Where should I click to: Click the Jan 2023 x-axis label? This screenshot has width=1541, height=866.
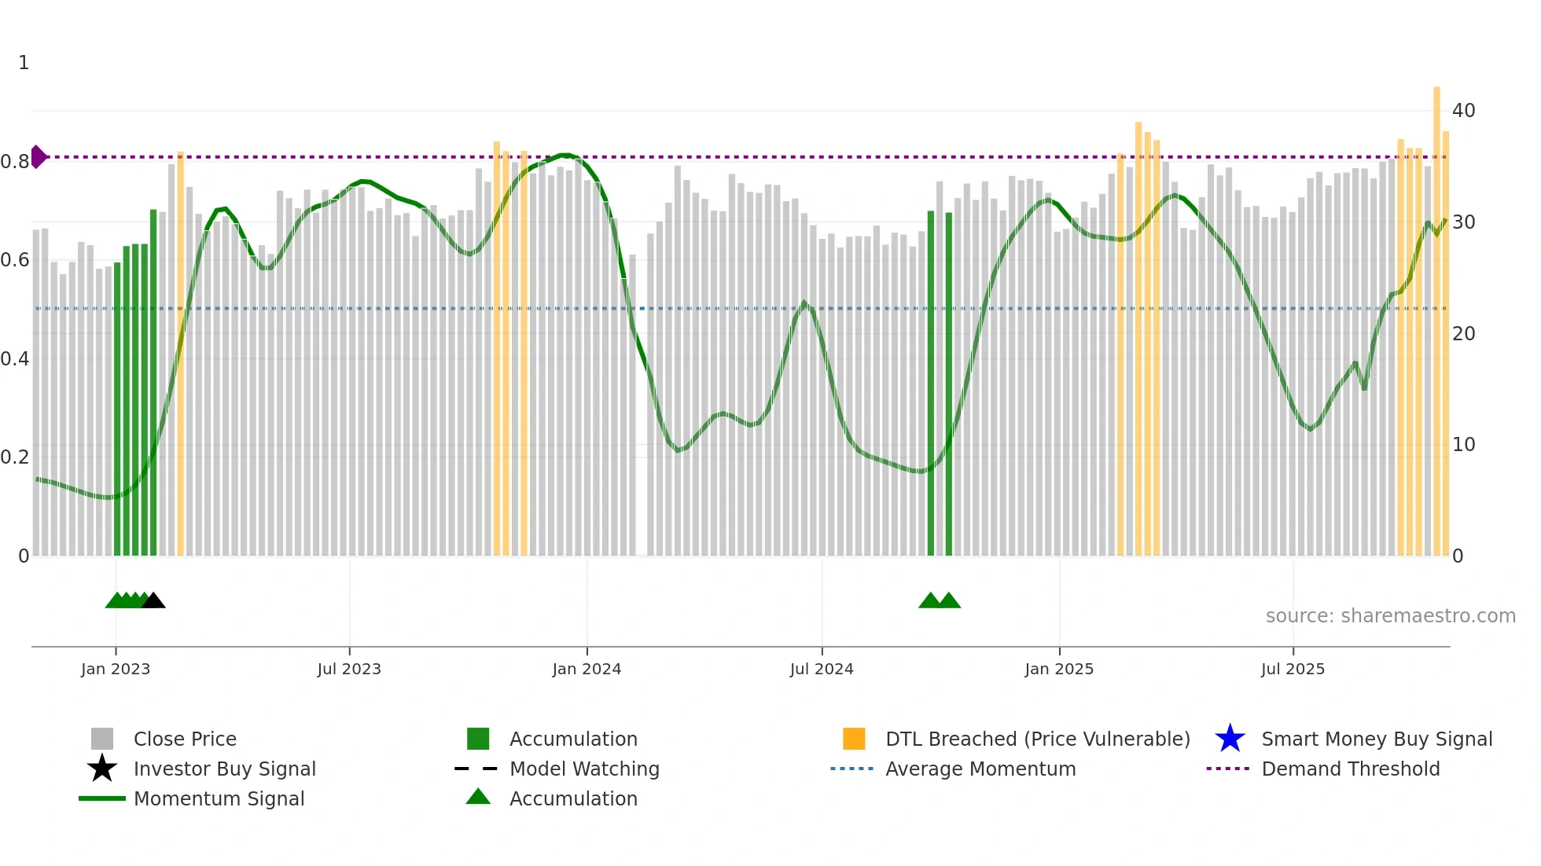click(115, 669)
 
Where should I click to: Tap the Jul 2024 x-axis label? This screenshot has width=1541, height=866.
click(822, 669)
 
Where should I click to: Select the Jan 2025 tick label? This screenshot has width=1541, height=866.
click(1059, 669)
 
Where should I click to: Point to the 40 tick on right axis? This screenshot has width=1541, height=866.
click(1463, 111)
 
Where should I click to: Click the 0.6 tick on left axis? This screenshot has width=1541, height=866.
click(15, 260)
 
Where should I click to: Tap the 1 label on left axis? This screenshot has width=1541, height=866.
click(24, 63)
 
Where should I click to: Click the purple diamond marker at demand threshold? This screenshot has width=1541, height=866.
click(38, 156)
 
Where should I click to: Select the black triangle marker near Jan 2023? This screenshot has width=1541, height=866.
click(153, 600)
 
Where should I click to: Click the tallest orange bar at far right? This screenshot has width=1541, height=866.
click(1436, 314)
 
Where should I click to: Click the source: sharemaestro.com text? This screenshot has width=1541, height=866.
click(1390, 616)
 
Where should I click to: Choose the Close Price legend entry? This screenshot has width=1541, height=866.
click(185, 739)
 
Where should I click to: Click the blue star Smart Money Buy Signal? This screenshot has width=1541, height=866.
click(1230, 739)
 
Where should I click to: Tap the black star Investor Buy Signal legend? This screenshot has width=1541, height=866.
click(102, 769)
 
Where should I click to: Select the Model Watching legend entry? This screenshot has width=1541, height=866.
click(584, 769)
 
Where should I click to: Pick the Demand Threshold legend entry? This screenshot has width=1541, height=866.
click(1350, 769)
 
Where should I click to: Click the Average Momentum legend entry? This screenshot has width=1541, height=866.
click(980, 769)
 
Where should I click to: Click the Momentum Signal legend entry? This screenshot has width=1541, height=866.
click(219, 798)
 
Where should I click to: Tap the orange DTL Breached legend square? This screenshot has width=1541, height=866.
click(854, 739)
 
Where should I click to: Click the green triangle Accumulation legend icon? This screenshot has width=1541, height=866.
click(478, 797)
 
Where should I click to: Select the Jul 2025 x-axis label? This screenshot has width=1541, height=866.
click(1293, 669)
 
